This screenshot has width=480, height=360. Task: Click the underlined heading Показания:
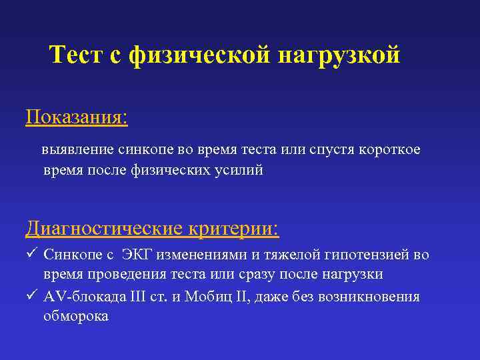pos(77,117)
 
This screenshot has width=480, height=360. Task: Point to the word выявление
pos(75,150)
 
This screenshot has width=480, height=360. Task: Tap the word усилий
pos(239,170)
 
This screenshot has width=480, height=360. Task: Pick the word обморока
pos(75,316)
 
